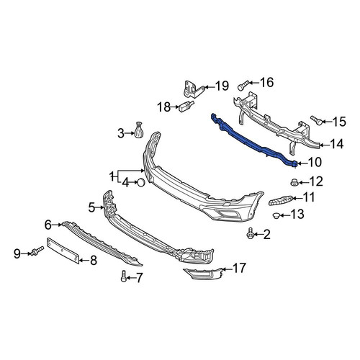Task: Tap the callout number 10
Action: tap(315, 162)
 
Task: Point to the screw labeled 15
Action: tap(316, 120)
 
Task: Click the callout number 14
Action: tap(336, 144)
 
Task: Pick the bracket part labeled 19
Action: tap(193, 89)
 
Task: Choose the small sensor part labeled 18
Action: tap(186, 106)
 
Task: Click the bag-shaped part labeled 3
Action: tap(138, 130)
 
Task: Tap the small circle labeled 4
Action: tap(141, 183)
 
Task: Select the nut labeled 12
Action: tap(293, 182)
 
